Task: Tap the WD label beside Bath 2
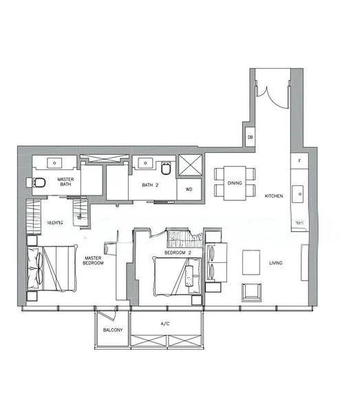[189, 189]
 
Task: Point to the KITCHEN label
[274, 197]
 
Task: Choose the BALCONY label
[112, 330]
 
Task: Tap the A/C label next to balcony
[165, 323]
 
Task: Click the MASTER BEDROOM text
[93, 261]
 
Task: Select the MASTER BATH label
[66, 181]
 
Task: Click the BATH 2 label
[151, 185]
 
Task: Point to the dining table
[234, 181]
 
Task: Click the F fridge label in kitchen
[299, 160]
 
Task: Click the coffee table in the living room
[251, 262]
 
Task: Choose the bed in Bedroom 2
[176, 272]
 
